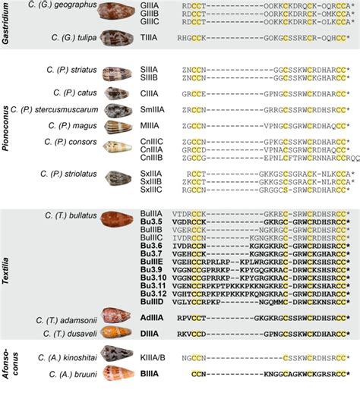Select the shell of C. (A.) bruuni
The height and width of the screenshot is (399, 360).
coord(120,374)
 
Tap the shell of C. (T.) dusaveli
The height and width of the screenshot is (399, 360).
coord(120,333)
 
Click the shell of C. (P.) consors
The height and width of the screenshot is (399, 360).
coord(120,147)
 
